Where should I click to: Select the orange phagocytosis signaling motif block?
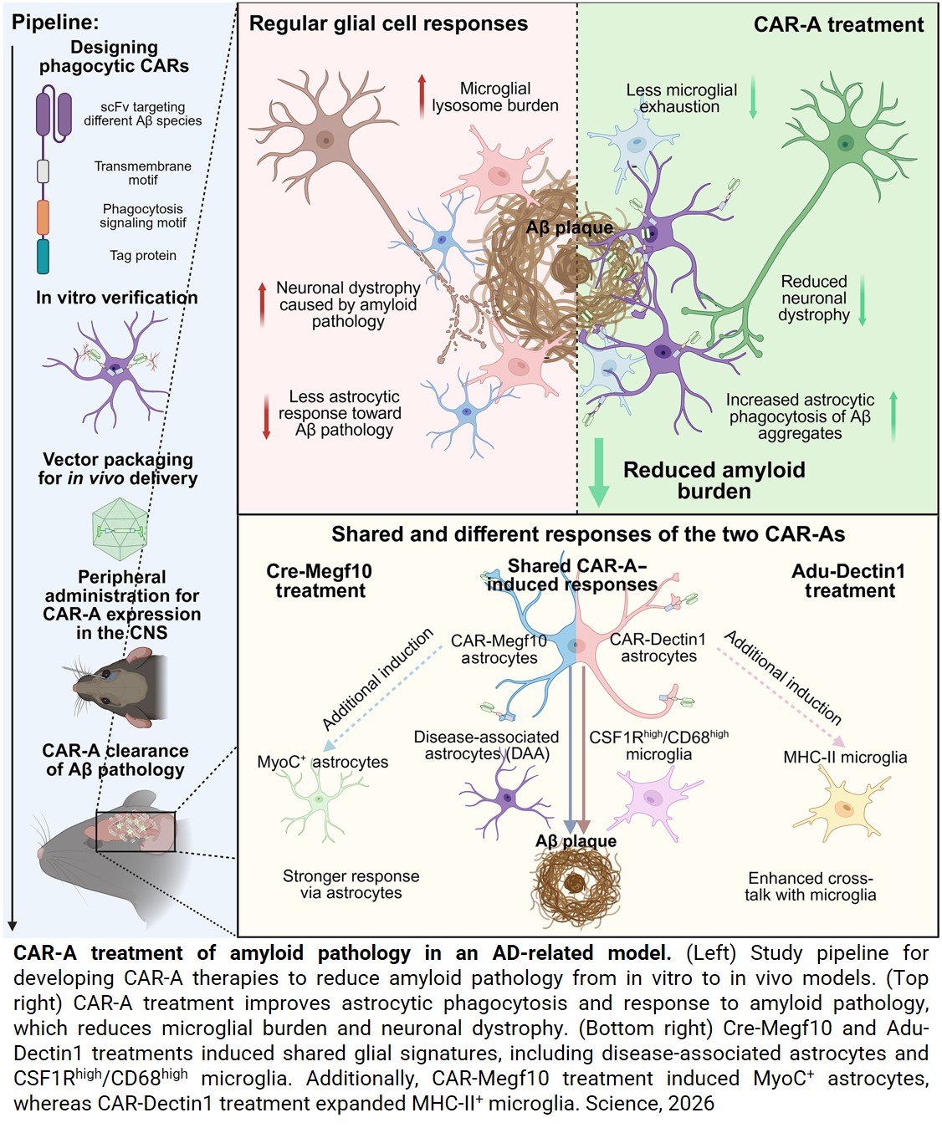point(44,217)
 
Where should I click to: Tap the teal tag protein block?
point(44,257)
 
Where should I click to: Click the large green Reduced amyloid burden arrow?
point(598,472)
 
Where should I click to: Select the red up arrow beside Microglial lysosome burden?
point(422,96)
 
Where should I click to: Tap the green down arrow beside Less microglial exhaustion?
point(753,97)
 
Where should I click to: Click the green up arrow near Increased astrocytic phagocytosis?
point(893,416)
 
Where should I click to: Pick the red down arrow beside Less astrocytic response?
point(267,416)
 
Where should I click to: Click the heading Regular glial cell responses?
point(388,23)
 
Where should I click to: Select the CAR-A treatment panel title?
point(838,24)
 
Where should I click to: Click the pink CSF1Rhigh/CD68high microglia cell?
point(655,799)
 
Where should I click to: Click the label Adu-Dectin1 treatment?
point(848,581)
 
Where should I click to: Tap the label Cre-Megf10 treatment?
point(320,581)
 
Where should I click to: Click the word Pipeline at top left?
point(55,23)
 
